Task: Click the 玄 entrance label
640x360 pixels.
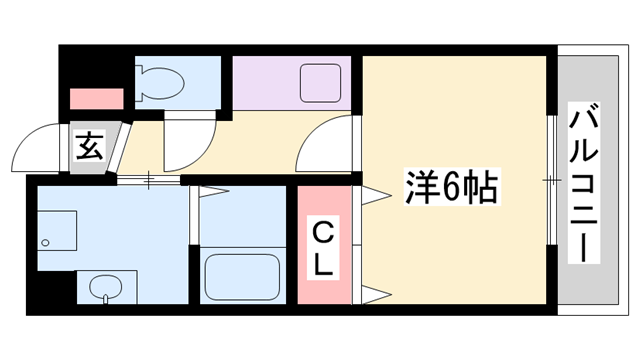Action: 88,148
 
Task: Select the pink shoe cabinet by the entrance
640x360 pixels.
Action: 96,99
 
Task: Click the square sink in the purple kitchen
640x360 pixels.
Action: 321,82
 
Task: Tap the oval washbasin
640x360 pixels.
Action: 104,287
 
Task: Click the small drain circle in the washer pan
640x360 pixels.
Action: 46,243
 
